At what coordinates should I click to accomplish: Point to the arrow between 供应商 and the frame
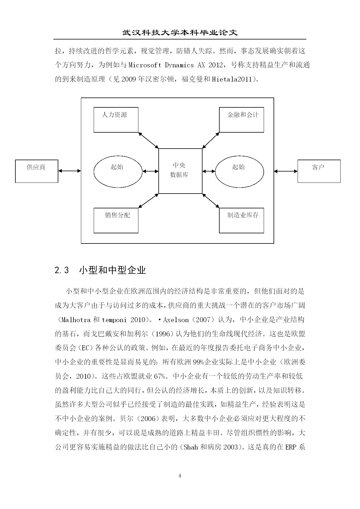click(70, 171)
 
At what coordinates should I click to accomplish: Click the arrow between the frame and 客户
click(286, 171)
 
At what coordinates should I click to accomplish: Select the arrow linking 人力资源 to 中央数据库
click(148, 140)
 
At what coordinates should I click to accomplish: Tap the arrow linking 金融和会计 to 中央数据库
click(211, 140)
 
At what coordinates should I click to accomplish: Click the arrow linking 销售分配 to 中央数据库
click(148, 201)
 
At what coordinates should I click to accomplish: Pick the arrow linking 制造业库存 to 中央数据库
click(211, 201)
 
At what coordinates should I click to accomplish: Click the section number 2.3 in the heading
click(62, 270)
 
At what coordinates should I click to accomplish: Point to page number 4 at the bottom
click(180, 476)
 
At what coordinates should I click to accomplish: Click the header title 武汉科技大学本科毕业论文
click(180, 32)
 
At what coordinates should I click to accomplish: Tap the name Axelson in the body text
click(176, 320)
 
